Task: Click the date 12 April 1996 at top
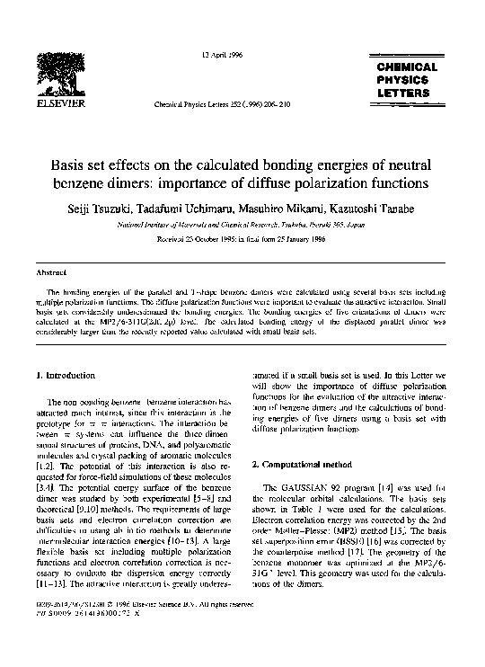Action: point(219,56)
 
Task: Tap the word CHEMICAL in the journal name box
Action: point(406,67)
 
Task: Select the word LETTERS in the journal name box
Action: point(407,93)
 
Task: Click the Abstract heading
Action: point(47,271)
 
